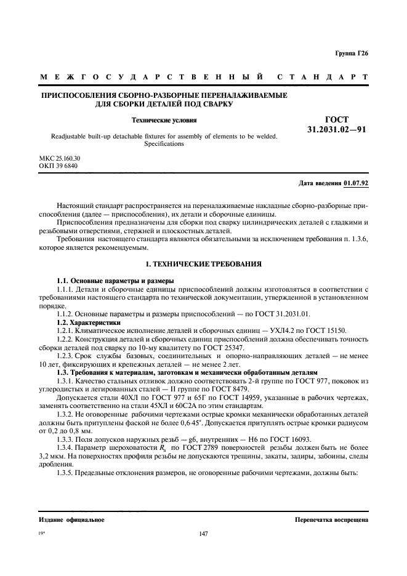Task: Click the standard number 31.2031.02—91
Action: click(337, 130)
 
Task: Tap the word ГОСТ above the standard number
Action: click(336, 119)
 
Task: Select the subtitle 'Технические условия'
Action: click(166, 120)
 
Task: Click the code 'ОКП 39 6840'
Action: click(57, 166)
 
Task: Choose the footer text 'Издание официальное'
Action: click(71, 519)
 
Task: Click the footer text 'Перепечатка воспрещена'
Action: click(332, 519)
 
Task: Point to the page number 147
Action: click(204, 534)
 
